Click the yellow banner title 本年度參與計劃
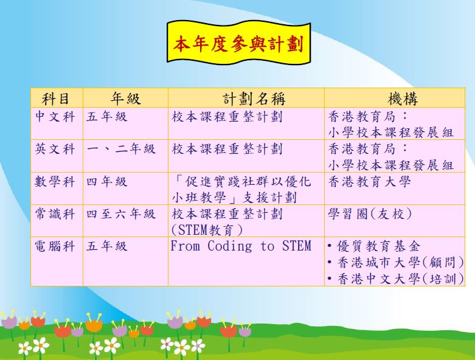pos(238,44)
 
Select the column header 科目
pos(55,99)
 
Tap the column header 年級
pos(125,99)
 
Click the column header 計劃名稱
pos(254,99)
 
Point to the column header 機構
pos(403,99)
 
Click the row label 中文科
pos(55,117)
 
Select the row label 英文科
pos(55,149)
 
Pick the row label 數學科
pos(55,182)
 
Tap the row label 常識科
pos(55,214)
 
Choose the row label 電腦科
pos(55,246)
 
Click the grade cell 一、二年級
pos(121,149)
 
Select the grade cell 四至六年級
pos(121,214)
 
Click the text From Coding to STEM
pos(241,246)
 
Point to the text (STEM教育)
pos(207,230)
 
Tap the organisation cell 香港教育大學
pos(369,182)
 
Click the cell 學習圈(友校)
pos(370,214)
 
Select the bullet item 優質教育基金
pos(374,246)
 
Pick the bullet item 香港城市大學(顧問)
pos(396,263)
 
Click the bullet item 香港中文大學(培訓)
pos(396,279)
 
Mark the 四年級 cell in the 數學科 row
pos(106,182)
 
